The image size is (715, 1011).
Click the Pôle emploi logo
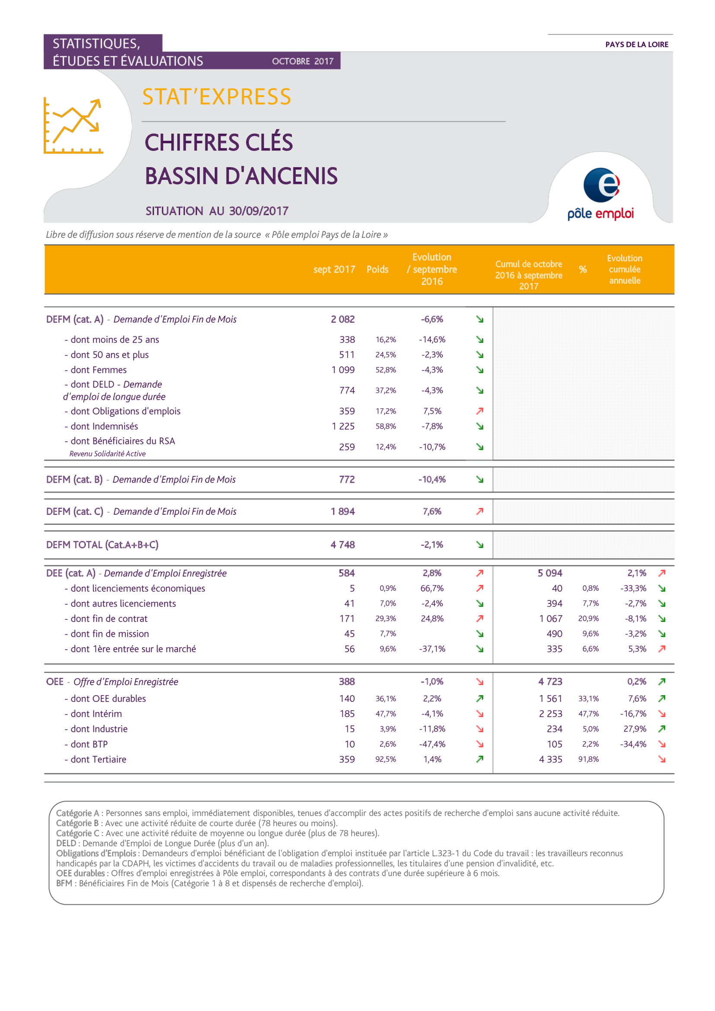coord(600,194)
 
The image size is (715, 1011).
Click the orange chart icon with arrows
coord(73,125)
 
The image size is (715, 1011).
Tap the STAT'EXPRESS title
coord(217,97)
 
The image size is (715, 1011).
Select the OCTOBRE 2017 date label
coord(303,61)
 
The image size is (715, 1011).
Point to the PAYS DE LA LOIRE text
coord(637,45)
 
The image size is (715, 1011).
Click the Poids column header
coord(377,269)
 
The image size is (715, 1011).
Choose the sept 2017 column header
coord(334,269)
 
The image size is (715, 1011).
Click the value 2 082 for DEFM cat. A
coord(342,319)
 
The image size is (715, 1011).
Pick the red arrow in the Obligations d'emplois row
coord(480,411)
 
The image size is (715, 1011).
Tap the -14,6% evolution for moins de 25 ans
coord(432,339)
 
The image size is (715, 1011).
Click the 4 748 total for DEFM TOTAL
coord(342,545)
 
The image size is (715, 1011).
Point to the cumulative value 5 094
coord(550,573)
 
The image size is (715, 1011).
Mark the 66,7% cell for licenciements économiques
coord(432,588)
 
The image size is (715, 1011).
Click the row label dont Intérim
coord(93,714)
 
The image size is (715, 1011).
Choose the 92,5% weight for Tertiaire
coord(386,759)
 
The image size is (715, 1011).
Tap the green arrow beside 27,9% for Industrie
coord(662,729)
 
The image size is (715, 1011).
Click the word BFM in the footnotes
coord(64,883)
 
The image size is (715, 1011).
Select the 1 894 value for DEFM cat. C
coord(342,511)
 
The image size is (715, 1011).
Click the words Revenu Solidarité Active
coord(108,453)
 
